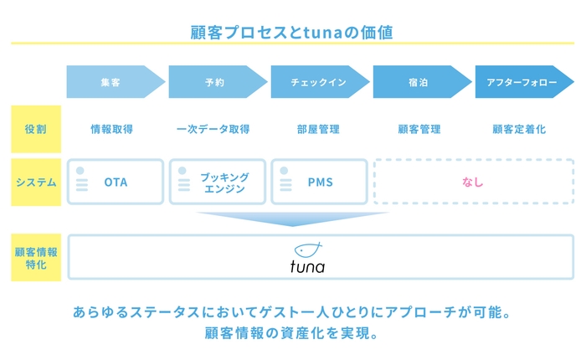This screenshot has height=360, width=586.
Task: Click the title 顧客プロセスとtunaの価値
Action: tap(292, 33)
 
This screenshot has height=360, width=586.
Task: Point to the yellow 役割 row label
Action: tap(35, 129)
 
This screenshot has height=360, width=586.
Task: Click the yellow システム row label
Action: tap(35, 182)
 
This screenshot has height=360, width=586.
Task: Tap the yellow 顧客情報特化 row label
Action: tap(35, 258)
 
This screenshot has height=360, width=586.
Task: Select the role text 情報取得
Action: tap(112, 130)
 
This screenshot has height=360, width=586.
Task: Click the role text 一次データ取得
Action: tap(213, 130)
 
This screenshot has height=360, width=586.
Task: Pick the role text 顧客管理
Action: tap(419, 130)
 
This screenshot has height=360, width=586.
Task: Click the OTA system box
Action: tap(116, 182)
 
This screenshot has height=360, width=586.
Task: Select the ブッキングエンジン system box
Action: tap(218, 182)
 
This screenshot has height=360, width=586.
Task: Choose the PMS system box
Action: tap(320, 182)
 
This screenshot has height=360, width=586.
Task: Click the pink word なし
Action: tap(473, 182)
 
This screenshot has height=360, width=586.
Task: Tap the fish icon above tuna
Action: tap(308, 249)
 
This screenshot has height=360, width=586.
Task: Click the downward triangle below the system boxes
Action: tap(292, 219)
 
